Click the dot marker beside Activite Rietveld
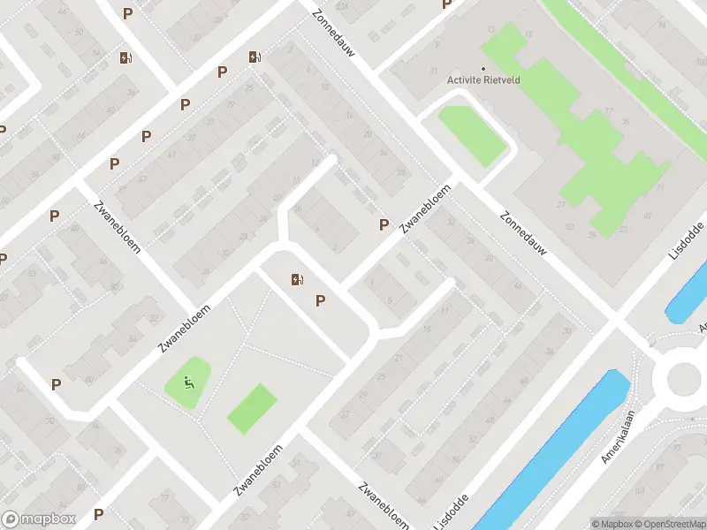click(483, 69)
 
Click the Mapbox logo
click(39, 519)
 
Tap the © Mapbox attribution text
click(611, 524)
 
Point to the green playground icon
click(187, 383)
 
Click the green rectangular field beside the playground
click(252, 408)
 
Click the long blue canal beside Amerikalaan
click(557, 450)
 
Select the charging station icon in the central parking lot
click(296, 280)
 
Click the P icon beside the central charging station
click(321, 301)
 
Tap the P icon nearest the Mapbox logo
click(99, 513)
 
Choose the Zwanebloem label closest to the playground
click(177, 325)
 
